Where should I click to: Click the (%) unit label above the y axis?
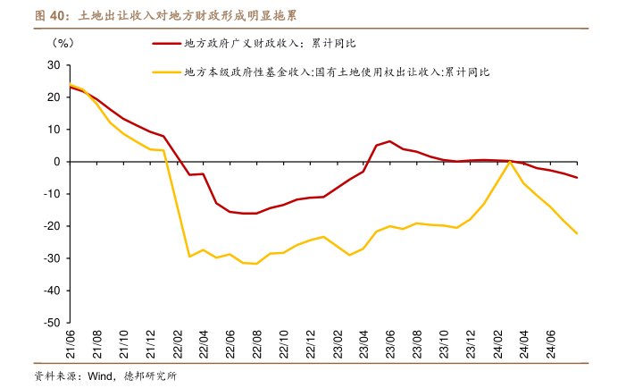point(63,42)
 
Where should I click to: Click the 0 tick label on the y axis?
point(56,162)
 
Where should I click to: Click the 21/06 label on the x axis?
point(71,342)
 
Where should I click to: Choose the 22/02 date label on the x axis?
point(178,342)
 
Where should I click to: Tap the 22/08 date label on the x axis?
point(258,342)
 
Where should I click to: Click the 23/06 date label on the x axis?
point(389,342)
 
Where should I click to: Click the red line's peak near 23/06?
point(389,141)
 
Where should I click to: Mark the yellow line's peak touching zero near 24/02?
point(509,162)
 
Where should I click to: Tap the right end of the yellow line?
point(577,233)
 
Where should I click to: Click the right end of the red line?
point(577,178)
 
